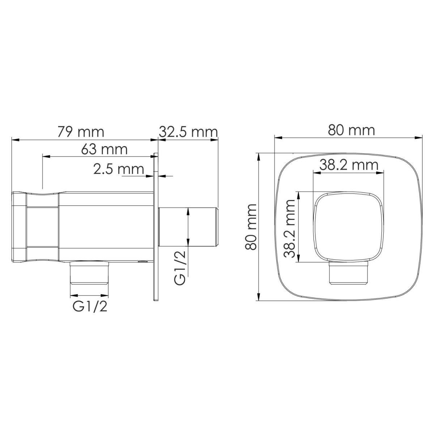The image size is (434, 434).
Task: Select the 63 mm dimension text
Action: [104, 149]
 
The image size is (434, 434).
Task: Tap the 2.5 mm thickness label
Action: [119, 169]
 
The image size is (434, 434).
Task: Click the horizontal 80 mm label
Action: [351, 131]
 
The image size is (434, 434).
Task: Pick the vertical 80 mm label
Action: [251, 227]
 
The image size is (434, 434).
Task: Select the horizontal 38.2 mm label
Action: [349, 165]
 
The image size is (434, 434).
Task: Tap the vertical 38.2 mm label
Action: [289, 229]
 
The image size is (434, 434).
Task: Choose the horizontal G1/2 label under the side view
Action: [90, 306]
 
